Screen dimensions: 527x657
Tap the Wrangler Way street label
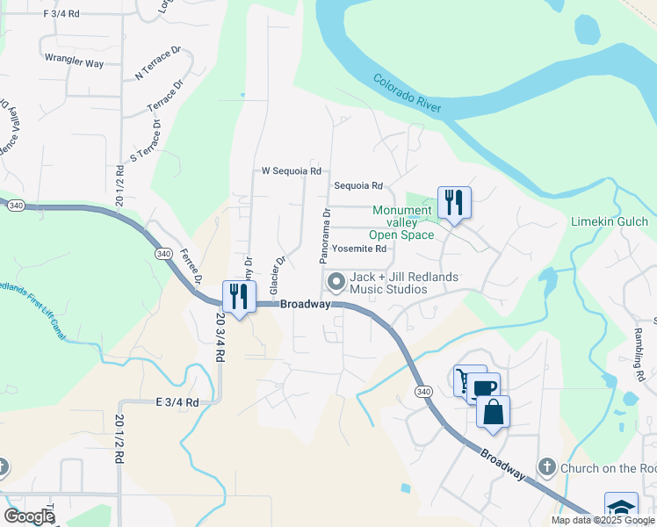[74, 63]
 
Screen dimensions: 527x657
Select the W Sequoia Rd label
[292, 171]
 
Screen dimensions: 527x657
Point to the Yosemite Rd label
[360, 249]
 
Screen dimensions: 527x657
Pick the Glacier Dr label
[278, 275]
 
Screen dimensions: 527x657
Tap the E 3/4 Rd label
[177, 401]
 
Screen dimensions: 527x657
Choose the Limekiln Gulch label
[610, 221]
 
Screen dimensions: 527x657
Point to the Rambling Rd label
[639, 355]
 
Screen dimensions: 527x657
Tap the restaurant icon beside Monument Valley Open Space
[454, 203]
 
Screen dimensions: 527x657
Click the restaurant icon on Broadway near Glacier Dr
[239, 297]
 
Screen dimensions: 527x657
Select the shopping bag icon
[493, 412]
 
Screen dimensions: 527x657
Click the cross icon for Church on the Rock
[547, 467]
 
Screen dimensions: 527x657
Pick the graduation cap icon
[621, 508]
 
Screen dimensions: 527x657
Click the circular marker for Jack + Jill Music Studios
[336, 282]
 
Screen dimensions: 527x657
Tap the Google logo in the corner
[29, 516]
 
